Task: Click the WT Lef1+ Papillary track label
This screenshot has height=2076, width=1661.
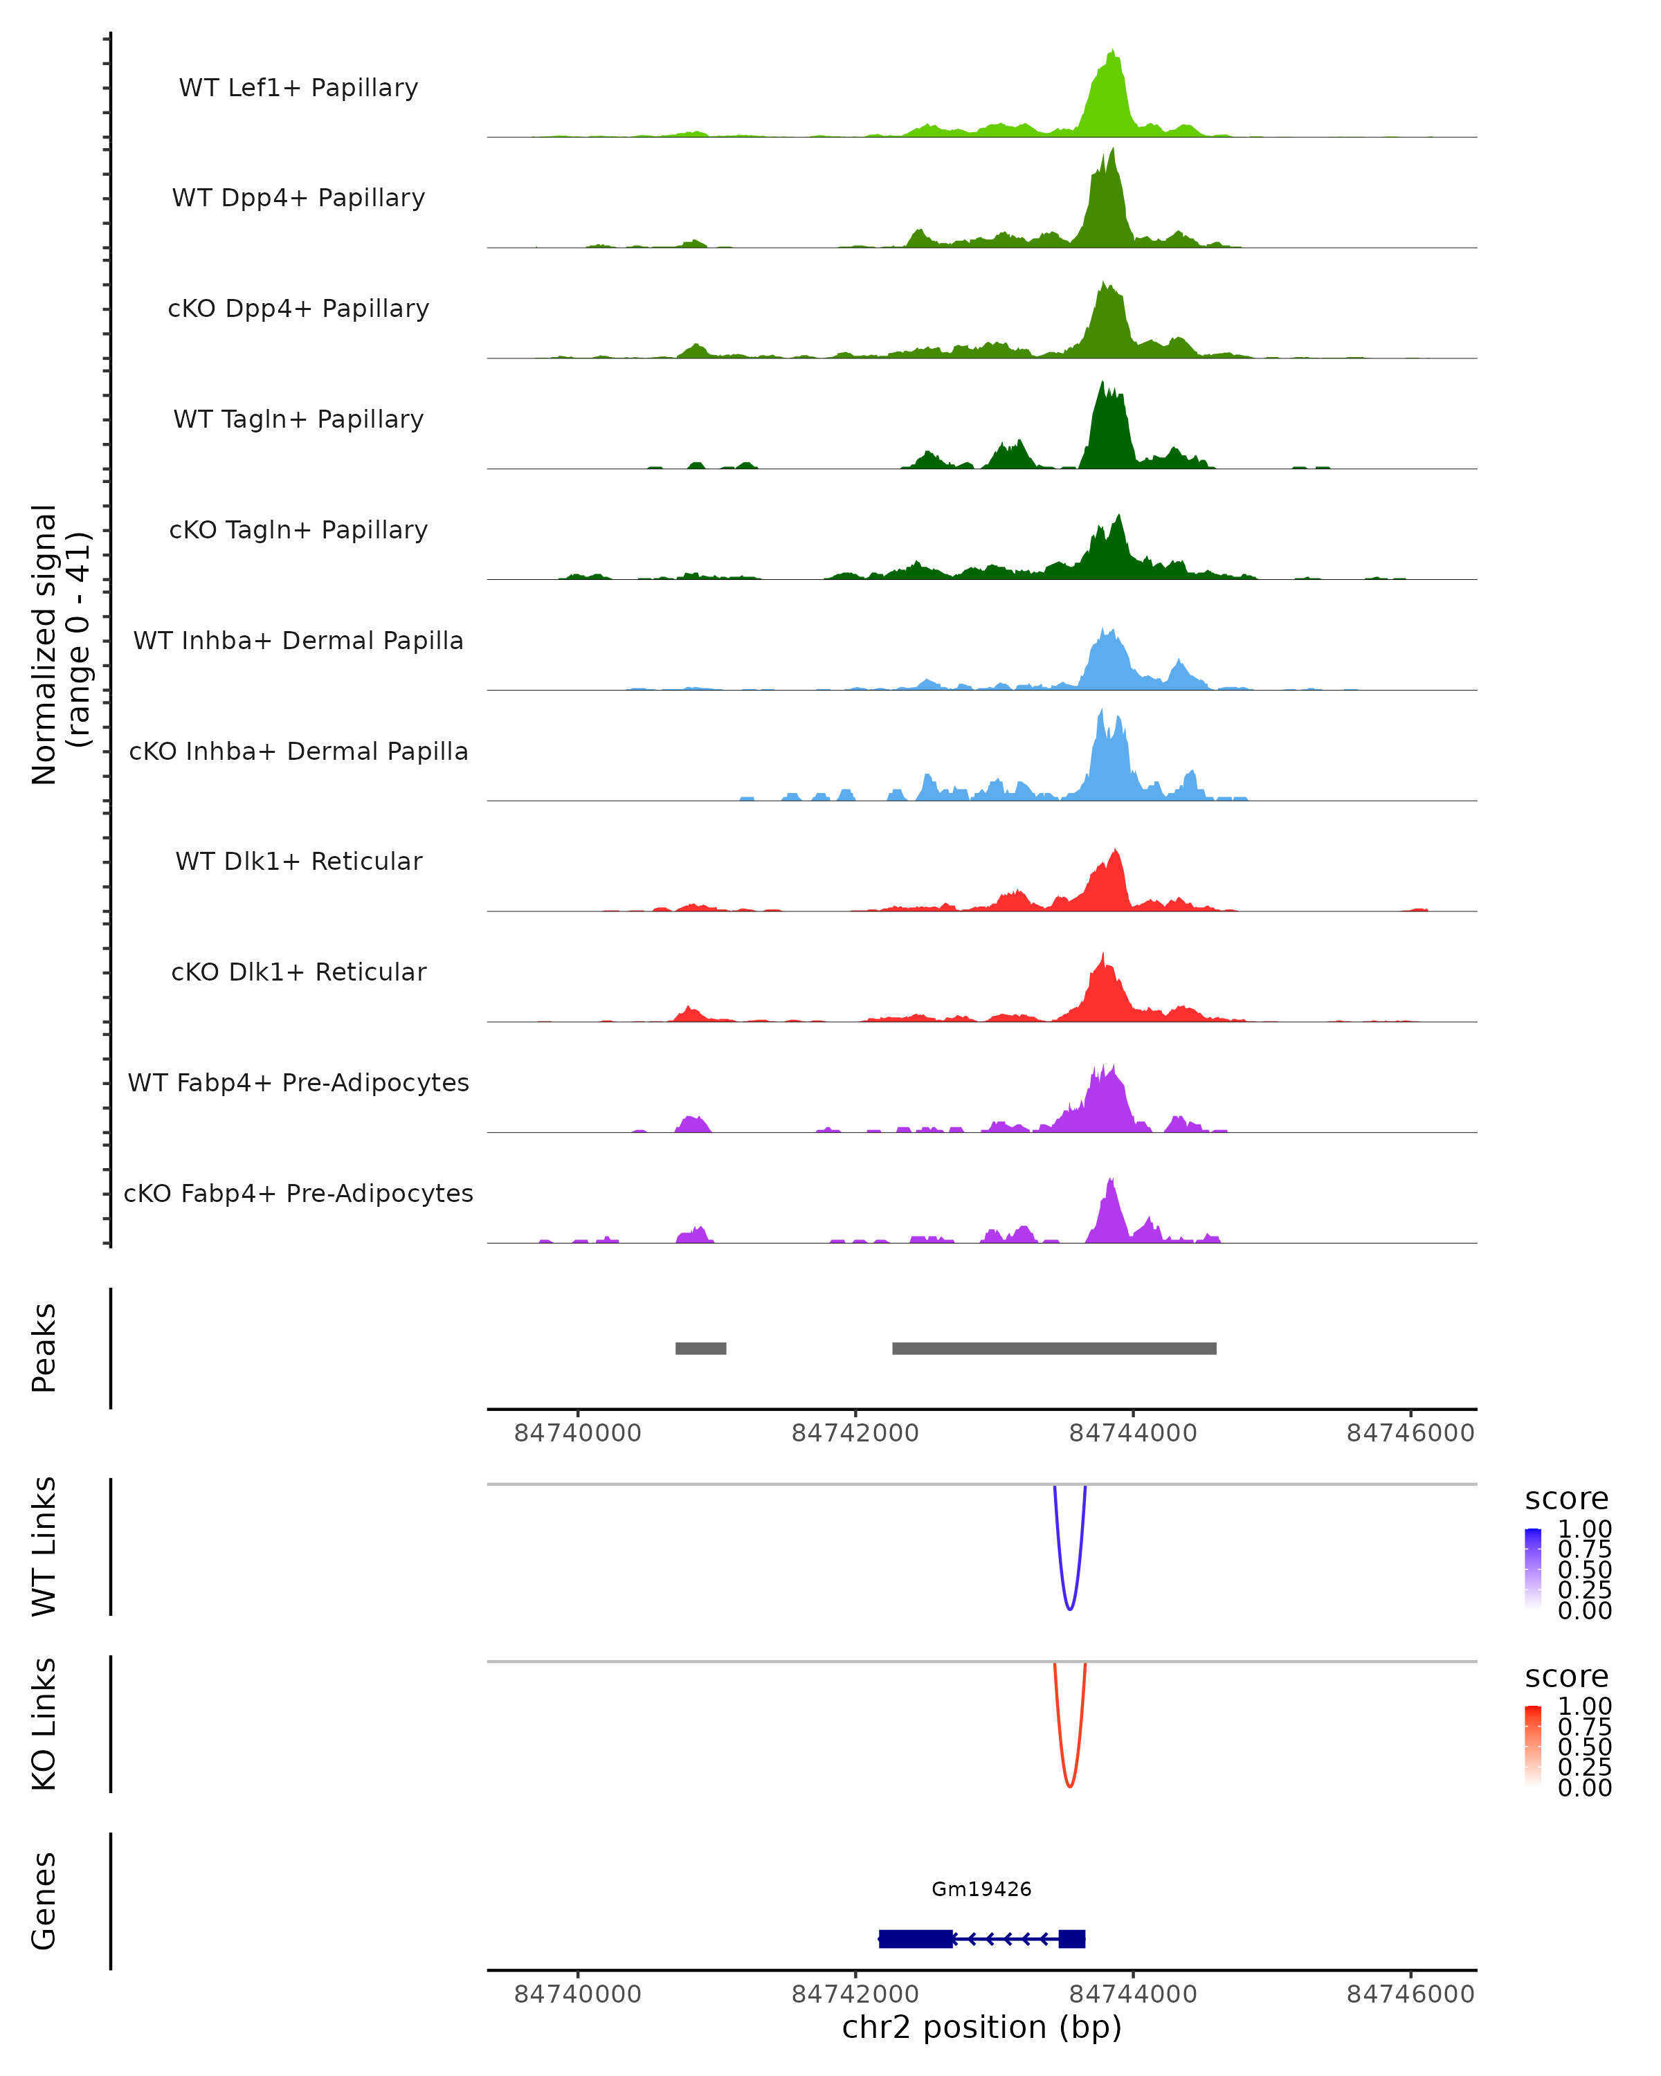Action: [x=298, y=88]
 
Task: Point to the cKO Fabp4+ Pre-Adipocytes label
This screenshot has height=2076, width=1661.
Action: [x=298, y=1193]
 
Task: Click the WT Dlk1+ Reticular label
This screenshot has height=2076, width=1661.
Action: [x=298, y=861]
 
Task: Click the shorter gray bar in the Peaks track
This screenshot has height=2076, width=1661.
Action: [x=701, y=1348]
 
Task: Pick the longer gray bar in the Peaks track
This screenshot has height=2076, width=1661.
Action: [x=1054, y=1348]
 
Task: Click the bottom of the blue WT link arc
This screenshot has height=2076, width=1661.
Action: [x=1070, y=1609]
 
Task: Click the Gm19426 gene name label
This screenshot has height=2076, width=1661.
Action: [x=981, y=1889]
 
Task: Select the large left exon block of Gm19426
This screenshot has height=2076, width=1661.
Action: [x=916, y=1938]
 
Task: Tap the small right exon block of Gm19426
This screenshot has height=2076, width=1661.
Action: [x=1072, y=1938]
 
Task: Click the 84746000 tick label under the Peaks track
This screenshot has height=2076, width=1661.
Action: [x=1410, y=1433]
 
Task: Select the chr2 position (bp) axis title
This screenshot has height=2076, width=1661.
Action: [x=981, y=2027]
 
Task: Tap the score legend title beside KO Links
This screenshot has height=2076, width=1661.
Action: [x=1567, y=1677]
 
